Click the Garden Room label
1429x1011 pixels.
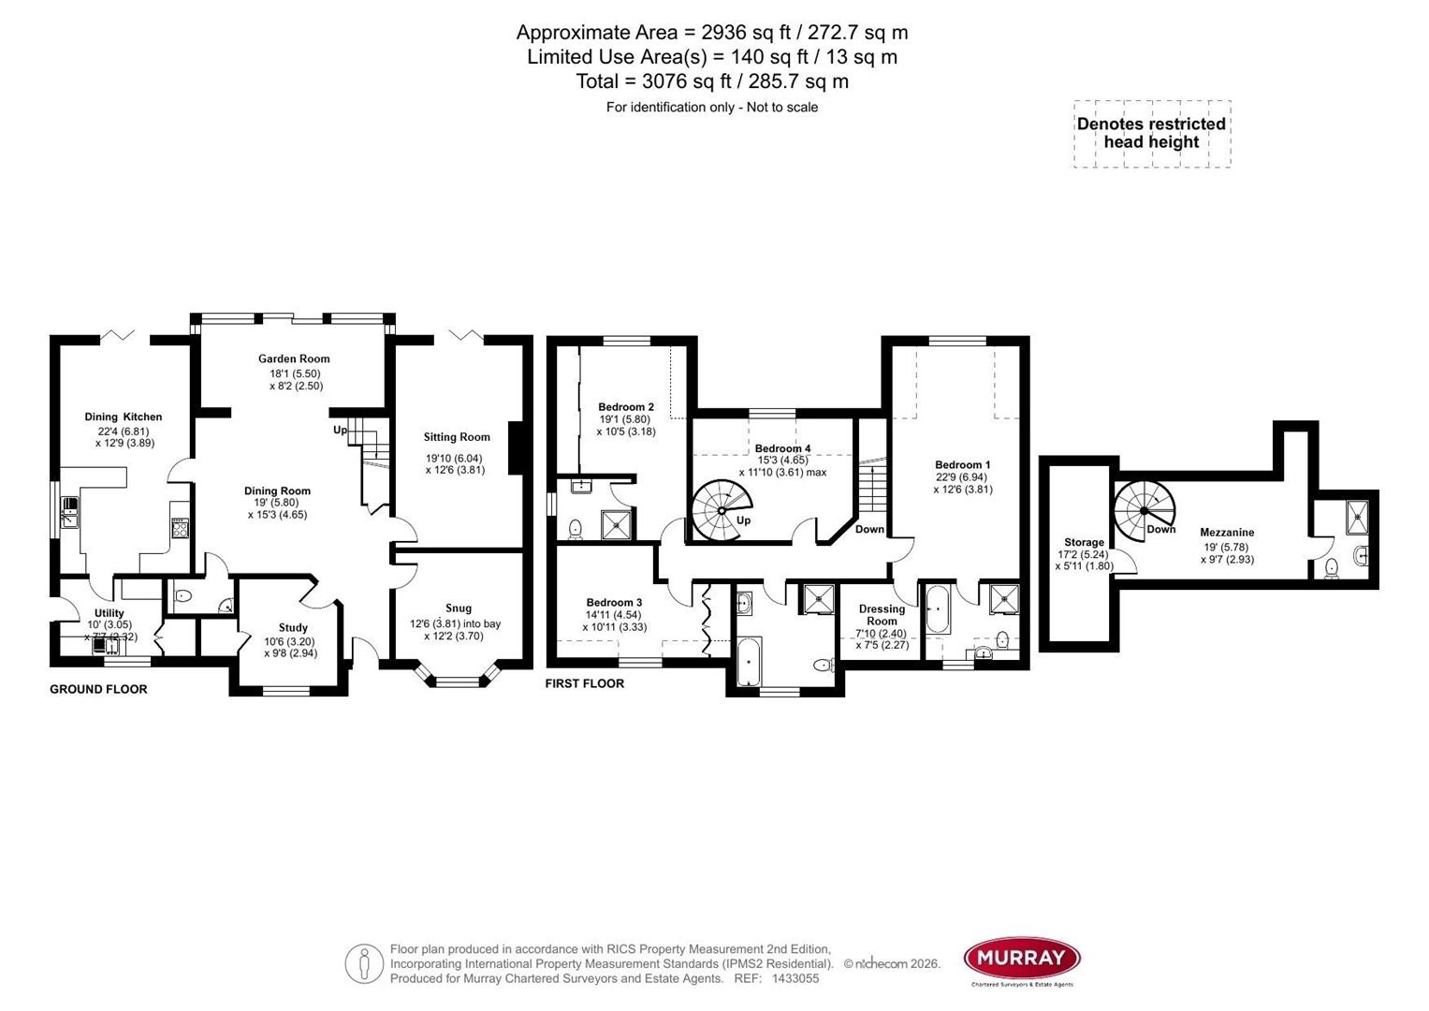pyautogui.click(x=294, y=359)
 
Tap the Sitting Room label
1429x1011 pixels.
pyautogui.click(x=457, y=437)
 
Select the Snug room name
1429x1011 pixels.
pyautogui.click(x=459, y=608)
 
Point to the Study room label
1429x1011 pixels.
pyautogui.click(x=293, y=628)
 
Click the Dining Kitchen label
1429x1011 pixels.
pyautogui.click(x=123, y=418)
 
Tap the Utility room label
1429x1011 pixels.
pyautogui.click(x=109, y=613)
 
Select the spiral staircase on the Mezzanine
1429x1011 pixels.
pyautogui.click(x=1144, y=510)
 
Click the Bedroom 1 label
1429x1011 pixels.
pyautogui.click(x=962, y=465)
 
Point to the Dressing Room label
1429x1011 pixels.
pyautogui.click(x=882, y=615)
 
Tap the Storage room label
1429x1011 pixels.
pyautogui.click(x=1084, y=543)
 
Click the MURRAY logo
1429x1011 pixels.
pyautogui.click(x=1022, y=959)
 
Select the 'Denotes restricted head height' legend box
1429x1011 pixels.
pyautogui.click(x=1151, y=134)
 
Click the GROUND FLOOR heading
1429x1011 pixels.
pyautogui.click(x=98, y=690)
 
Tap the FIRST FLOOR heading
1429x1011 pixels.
pyautogui.click(x=585, y=684)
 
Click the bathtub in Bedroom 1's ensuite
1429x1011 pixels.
pyautogui.click(x=937, y=609)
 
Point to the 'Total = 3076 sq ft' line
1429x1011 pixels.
pyautogui.click(x=712, y=81)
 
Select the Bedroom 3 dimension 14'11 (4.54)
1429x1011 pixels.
pyautogui.click(x=614, y=615)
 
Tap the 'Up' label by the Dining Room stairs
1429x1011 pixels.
pyautogui.click(x=340, y=431)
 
